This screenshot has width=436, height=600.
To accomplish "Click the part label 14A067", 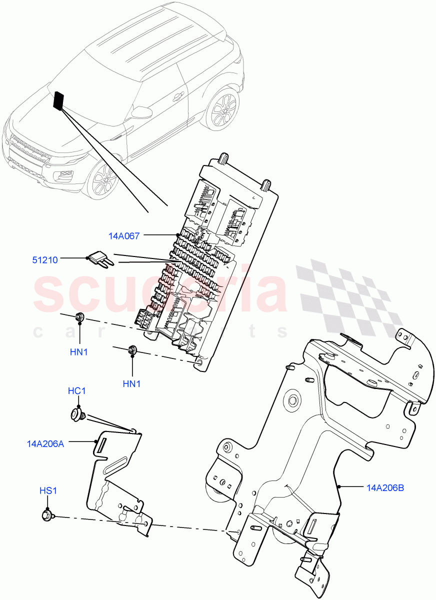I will click(124, 234).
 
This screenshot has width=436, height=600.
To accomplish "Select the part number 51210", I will click(45, 259).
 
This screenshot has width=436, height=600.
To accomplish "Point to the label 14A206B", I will click(385, 486).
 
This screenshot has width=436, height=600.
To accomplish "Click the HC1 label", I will click(76, 391).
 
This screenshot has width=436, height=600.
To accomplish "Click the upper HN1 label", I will click(79, 352).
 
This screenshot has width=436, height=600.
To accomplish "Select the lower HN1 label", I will click(132, 384).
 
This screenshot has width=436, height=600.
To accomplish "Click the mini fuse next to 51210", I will click(99, 259).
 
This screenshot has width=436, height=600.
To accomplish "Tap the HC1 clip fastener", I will click(76, 413).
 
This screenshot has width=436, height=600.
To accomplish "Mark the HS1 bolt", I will click(47, 514).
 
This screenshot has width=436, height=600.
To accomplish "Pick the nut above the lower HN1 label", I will click(132, 351).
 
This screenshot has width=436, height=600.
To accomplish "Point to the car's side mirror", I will click(142, 111).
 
